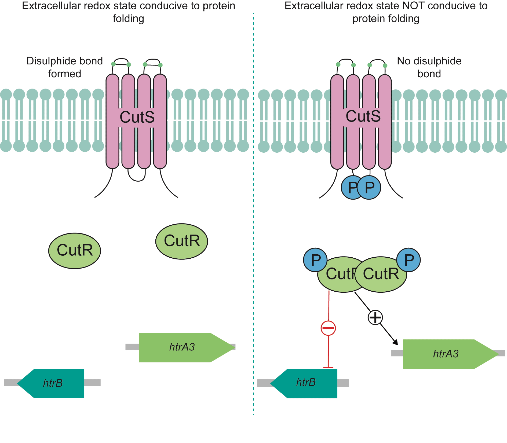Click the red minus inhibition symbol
click(328, 328)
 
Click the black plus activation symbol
click(375, 317)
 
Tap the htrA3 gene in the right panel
click(446, 354)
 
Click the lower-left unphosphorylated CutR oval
click(75, 251)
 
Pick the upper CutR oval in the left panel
click(182, 241)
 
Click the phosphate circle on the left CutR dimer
click(315, 260)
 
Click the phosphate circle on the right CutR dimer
click(409, 260)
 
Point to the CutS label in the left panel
click(137, 117)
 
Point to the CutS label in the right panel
click(363, 116)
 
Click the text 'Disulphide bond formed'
click(65, 67)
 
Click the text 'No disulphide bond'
click(429, 67)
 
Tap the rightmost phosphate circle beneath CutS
click(370, 188)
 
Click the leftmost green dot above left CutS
click(114, 64)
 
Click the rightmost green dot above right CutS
click(385, 66)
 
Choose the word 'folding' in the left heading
click(129, 19)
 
